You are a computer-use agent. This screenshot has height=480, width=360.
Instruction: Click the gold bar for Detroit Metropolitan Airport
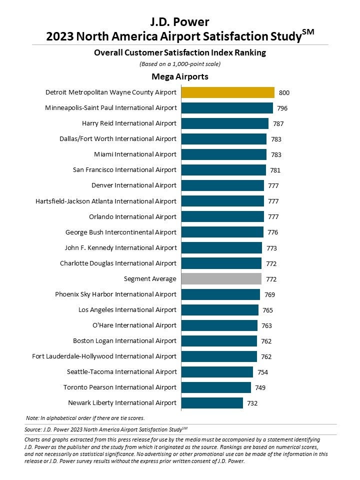point(227,92)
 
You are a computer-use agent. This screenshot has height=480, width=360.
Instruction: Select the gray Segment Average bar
point(221,278)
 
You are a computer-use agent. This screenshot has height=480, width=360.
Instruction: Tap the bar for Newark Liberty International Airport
point(212,402)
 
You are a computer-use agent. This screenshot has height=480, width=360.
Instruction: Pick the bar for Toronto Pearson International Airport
point(216,387)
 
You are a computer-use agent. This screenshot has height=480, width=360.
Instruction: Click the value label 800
point(284,92)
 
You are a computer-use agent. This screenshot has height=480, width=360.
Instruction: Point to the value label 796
point(282,108)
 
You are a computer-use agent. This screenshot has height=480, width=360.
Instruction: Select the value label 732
point(252,402)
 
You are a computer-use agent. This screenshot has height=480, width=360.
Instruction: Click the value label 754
point(262,371)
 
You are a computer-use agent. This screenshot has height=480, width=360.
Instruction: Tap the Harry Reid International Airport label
point(129,123)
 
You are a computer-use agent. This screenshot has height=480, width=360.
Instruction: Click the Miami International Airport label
point(135,154)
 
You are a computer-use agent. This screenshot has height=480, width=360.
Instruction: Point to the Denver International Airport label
point(134,185)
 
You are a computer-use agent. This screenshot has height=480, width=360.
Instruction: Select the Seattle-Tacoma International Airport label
point(121,371)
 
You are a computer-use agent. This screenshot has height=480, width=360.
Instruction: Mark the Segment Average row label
point(150,278)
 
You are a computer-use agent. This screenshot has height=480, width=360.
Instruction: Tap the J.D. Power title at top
point(180,22)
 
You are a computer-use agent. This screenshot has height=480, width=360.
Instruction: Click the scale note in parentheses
point(180,63)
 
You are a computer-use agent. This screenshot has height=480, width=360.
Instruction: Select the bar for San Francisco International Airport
point(223,170)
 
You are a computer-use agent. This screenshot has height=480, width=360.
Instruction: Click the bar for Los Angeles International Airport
point(219,309)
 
